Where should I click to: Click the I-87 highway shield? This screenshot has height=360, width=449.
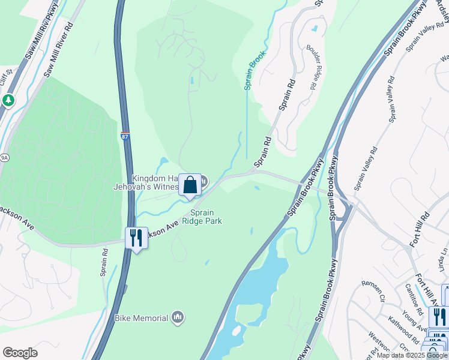point(125,137)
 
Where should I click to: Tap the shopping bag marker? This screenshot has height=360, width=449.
point(190,185)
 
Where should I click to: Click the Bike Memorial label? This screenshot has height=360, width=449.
point(142,317)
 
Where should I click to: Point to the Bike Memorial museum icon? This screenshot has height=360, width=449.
point(177,316)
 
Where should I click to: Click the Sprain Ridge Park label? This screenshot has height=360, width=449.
point(206,217)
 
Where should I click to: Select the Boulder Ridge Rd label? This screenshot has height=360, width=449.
point(311,67)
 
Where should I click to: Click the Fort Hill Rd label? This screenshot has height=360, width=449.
point(420,228)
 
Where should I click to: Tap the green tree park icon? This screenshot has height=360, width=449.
point(8,100)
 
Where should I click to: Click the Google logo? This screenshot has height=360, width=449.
point(20,353)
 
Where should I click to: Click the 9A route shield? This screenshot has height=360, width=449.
point(4,158)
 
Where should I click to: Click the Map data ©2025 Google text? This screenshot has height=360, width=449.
point(412,355)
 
